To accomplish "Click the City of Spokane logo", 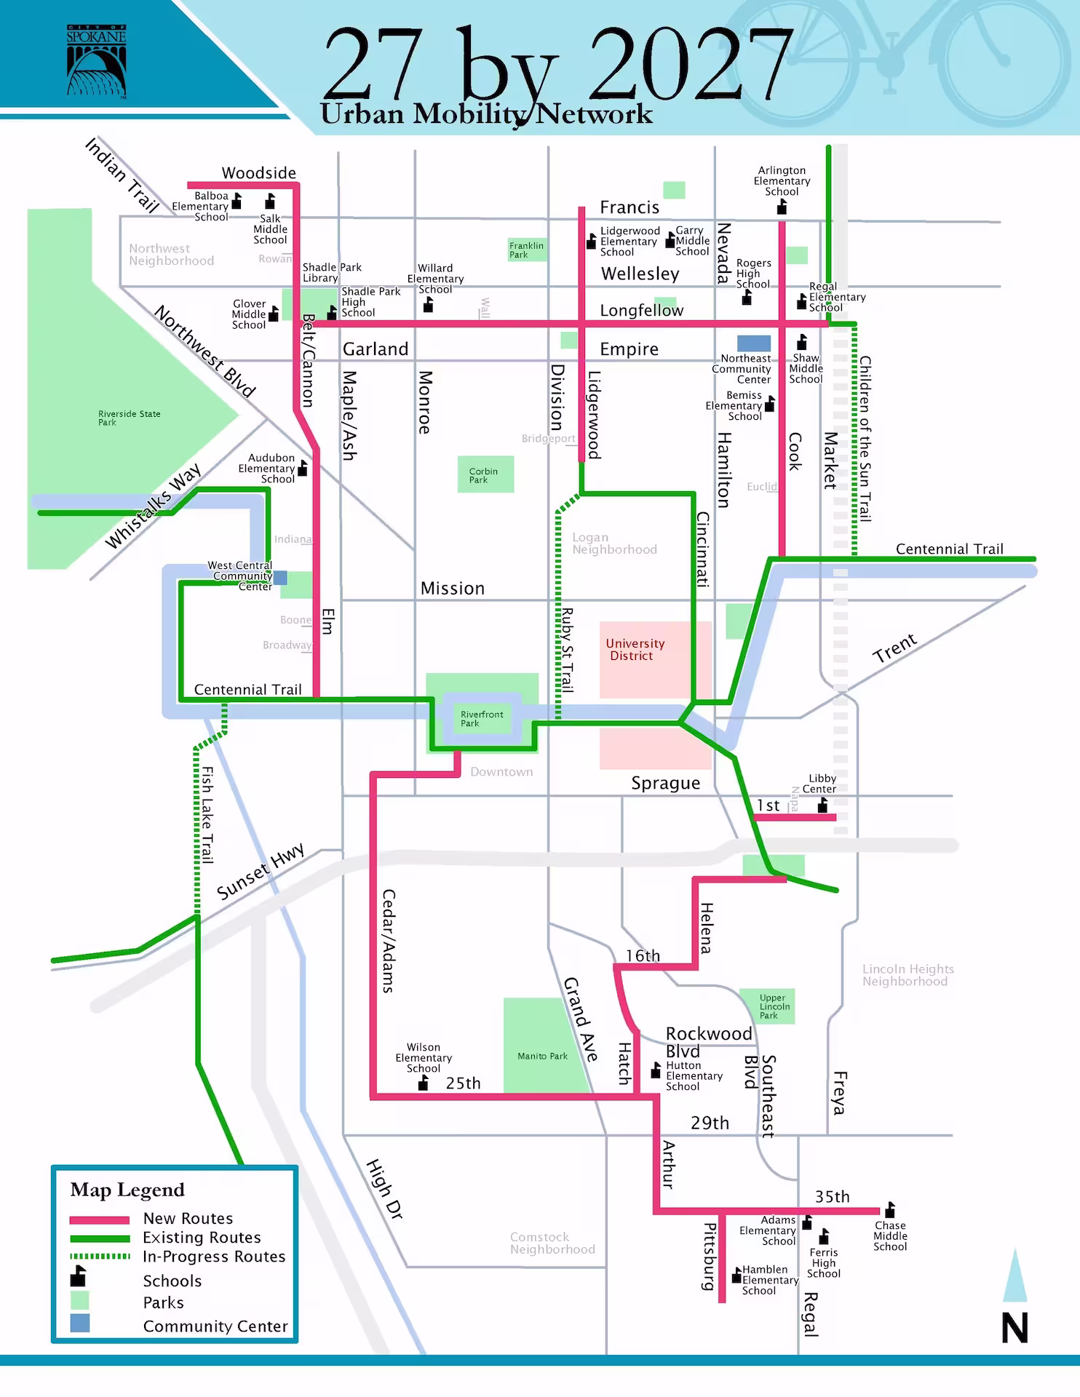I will [96, 61].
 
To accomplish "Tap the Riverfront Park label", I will [481, 719].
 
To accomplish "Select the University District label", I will [635, 649].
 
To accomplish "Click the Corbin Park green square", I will [485, 474].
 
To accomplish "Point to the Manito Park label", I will [542, 1056].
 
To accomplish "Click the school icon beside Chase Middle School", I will [889, 1209].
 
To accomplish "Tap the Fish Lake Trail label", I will [207, 815].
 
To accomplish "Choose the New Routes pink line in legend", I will [100, 1219].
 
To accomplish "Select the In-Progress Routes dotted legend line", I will [100, 1257].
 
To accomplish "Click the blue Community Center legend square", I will [80, 1324].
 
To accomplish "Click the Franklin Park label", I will [525, 250].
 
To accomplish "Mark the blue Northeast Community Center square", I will [753, 343].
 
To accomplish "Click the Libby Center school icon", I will [822, 805].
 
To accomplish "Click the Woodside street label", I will [259, 173].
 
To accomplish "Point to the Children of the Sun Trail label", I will [865, 438].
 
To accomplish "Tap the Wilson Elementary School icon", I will [423, 1083].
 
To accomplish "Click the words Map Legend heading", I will [127, 1190].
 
